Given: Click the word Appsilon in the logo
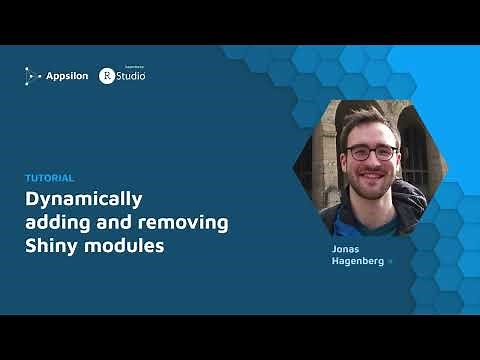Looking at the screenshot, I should [67, 74].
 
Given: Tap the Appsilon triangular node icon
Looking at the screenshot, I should [33, 74].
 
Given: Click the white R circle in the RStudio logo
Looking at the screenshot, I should [106, 75].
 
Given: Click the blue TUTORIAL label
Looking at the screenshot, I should [49, 177].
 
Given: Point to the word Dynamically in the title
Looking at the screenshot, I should [84, 197].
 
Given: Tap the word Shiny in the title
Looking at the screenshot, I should [51, 244].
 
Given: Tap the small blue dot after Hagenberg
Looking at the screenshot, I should [391, 262].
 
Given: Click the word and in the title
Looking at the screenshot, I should [110, 221].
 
